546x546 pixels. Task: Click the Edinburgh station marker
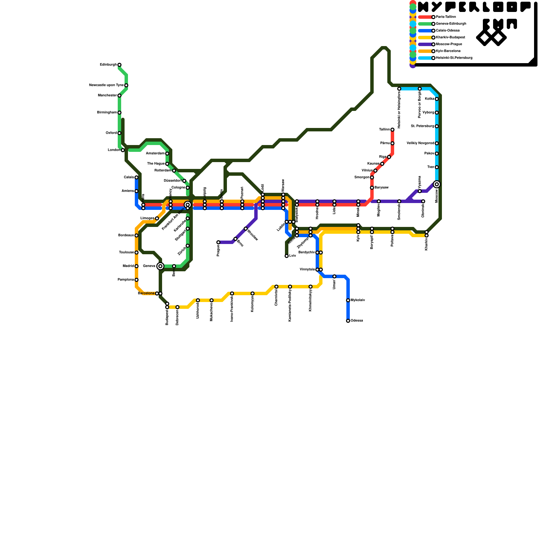click(x=119, y=65)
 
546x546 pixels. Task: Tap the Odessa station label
click(x=357, y=321)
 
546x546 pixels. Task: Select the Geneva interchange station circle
click(x=160, y=266)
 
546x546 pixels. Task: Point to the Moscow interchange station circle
click(x=437, y=184)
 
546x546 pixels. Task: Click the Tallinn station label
click(x=384, y=130)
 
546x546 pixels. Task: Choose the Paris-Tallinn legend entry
click(x=446, y=17)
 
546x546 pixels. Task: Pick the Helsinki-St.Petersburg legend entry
click(x=454, y=58)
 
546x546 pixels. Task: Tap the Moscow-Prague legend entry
click(x=449, y=44)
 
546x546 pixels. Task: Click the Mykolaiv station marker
click(x=348, y=300)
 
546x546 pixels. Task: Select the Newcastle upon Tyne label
click(x=106, y=85)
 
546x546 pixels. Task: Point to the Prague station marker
click(x=218, y=242)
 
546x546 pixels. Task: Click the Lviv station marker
click(x=287, y=256)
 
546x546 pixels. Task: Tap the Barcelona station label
click(x=146, y=293)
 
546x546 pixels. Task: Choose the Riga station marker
click(x=389, y=157)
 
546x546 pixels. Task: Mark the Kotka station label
click(x=429, y=99)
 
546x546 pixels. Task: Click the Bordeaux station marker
click(x=136, y=235)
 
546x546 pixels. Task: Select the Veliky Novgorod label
click(x=420, y=143)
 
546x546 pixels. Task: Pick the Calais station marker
click(x=136, y=177)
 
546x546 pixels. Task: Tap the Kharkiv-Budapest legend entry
click(x=450, y=38)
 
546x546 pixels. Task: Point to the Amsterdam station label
click(x=155, y=154)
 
